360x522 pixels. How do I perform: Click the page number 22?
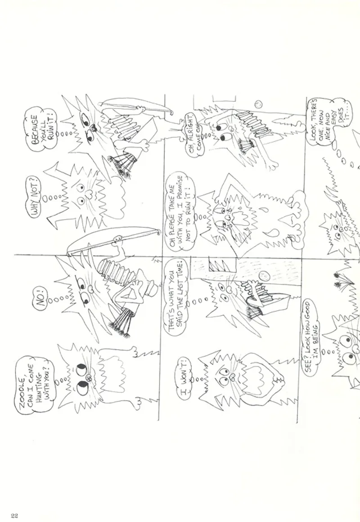tap(14, 516)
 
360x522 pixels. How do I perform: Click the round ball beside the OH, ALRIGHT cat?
tap(258, 104)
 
